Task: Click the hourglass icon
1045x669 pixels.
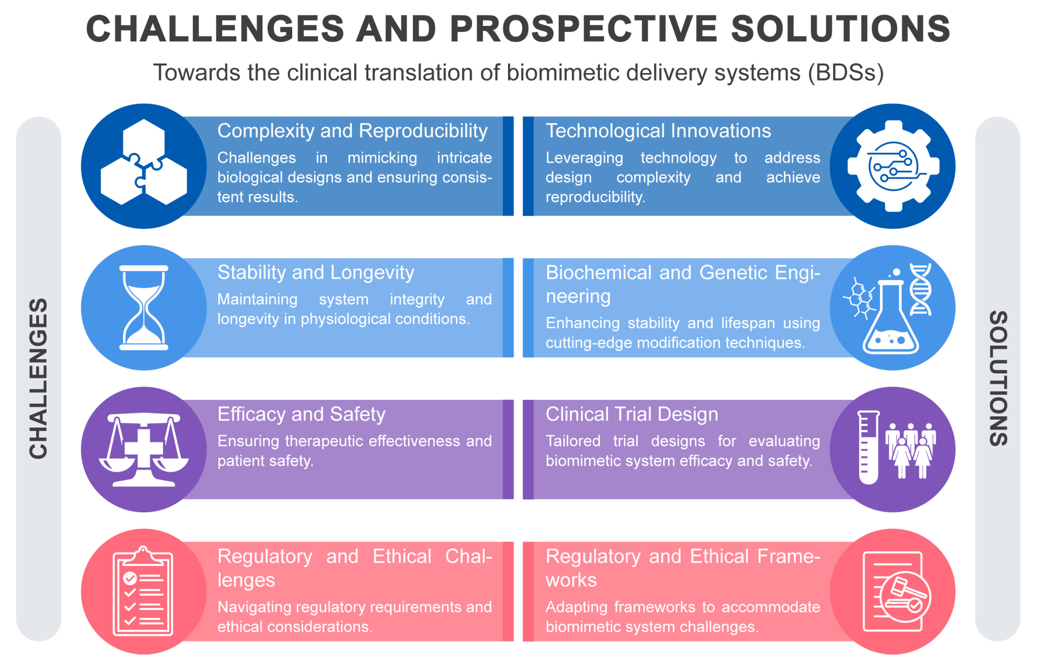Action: coord(144,308)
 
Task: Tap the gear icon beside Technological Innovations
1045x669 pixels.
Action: coord(894,166)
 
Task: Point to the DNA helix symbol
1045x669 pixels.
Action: coord(921,289)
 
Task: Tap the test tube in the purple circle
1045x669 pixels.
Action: coord(868,447)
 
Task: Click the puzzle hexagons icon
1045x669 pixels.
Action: coord(144,162)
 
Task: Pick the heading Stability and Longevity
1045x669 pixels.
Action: coord(316,273)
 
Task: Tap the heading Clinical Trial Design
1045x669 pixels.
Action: coord(632,414)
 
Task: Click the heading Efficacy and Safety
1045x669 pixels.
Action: coord(301,414)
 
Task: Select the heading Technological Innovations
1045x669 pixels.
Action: coord(658,131)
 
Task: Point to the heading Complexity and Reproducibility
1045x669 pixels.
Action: coord(353,131)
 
